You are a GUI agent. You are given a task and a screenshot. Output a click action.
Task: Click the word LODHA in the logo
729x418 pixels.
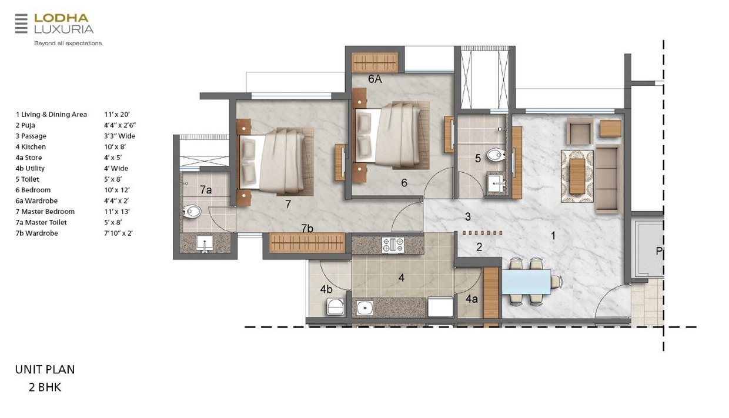tap(61, 18)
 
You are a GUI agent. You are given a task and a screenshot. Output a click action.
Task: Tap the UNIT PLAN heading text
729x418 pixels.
tap(45, 369)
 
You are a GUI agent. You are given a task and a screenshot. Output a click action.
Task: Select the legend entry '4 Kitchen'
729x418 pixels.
tap(31, 147)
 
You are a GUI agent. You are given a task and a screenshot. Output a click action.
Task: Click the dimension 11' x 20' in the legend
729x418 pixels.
tap(117, 114)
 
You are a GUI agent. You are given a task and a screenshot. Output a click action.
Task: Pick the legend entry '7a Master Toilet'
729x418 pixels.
tap(41, 222)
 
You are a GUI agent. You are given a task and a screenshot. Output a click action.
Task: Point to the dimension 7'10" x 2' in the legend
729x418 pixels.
tap(118, 233)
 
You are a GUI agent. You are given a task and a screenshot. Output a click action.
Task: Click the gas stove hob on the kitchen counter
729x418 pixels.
tap(393, 245)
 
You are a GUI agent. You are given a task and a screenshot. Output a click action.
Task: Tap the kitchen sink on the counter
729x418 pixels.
tap(364, 307)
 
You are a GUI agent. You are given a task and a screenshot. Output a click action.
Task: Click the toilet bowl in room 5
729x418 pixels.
tap(496, 155)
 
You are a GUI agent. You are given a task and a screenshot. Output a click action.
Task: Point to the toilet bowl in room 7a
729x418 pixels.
tap(192, 212)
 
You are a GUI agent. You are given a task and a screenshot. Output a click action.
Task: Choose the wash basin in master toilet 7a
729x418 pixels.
tap(205, 243)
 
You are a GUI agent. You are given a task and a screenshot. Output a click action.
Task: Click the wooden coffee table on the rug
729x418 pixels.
tap(577, 176)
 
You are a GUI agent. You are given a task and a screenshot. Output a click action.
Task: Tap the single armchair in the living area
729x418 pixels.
tap(580, 131)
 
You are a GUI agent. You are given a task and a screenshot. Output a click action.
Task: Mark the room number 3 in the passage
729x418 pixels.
tap(467, 216)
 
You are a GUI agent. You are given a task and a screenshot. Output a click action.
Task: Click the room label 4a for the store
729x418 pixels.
tap(471, 299)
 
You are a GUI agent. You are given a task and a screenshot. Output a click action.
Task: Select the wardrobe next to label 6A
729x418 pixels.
tap(375, 62)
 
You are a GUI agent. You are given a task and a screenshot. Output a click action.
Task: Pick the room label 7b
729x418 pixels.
tap(307, 228)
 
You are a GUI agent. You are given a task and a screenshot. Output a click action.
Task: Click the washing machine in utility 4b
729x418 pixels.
tap(335, 307)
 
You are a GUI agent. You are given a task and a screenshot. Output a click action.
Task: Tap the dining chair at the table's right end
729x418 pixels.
tap(556, 282)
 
